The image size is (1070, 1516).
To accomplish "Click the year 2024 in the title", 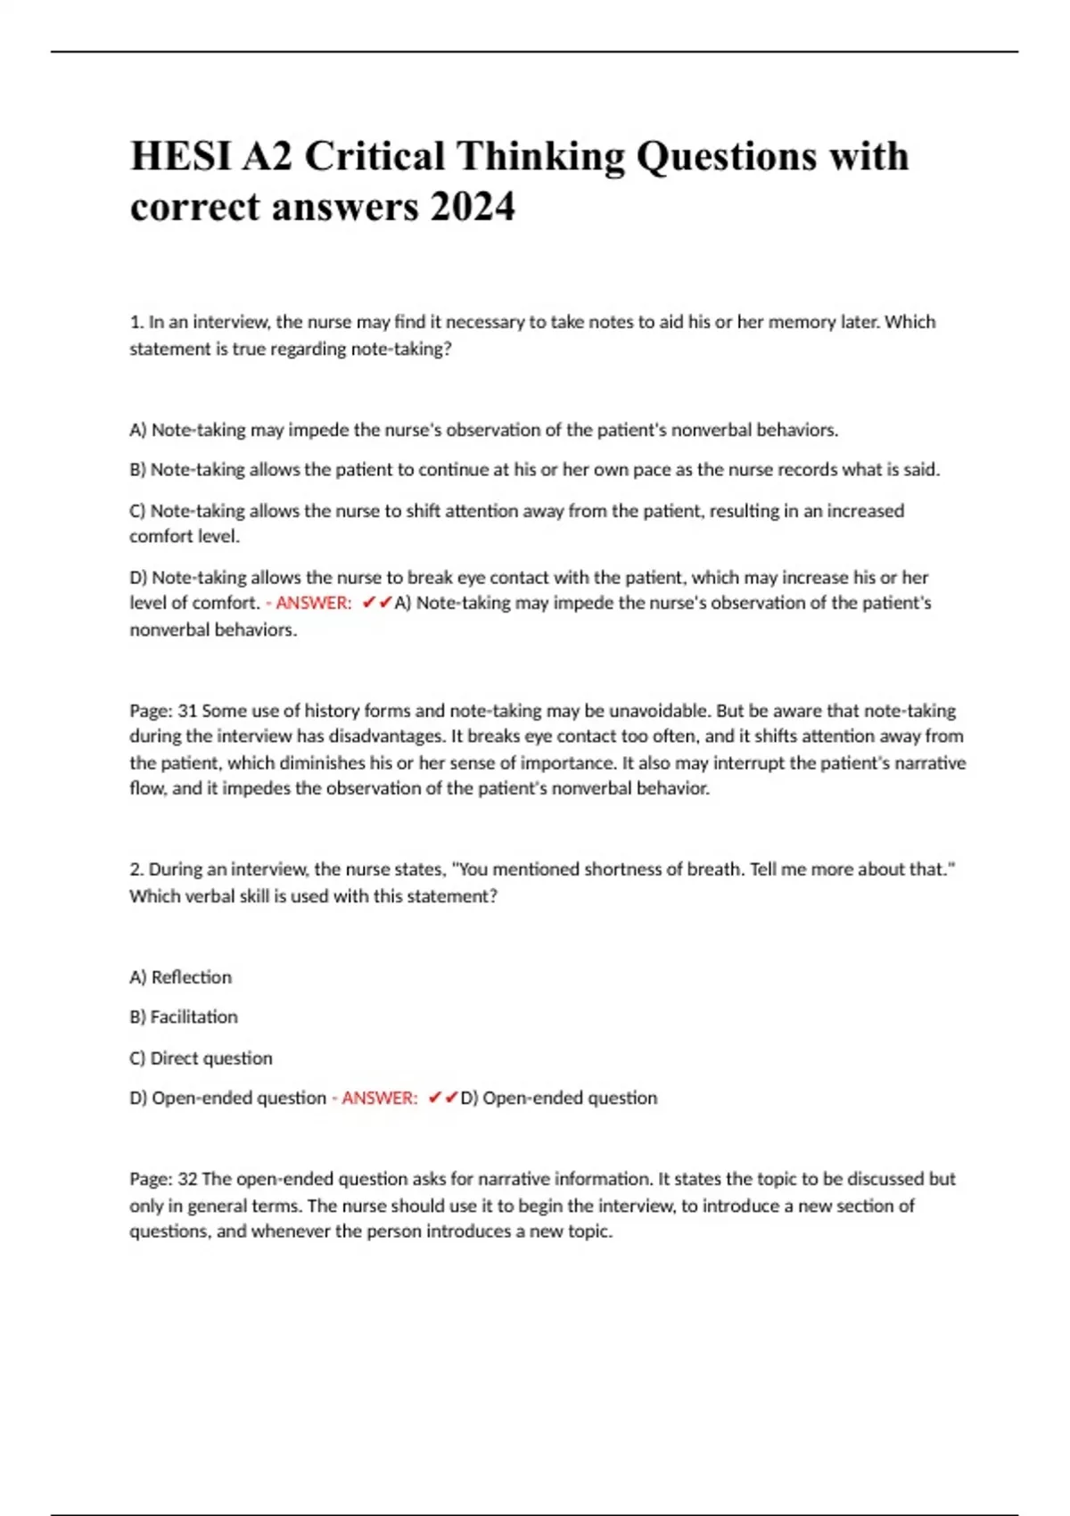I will click(472, 208).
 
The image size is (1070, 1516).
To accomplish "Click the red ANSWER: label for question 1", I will click(313, 604).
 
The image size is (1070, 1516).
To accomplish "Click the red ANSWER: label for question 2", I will click(379, 1099).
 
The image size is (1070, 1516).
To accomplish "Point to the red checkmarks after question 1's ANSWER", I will click(377, 604).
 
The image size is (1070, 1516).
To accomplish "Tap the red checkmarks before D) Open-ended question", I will click(443, 1099).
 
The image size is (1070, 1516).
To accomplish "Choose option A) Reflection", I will click(181, 977).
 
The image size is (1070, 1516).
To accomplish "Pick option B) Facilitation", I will click(184, 1018).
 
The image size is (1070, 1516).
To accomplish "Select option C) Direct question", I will click(201, 1059).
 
